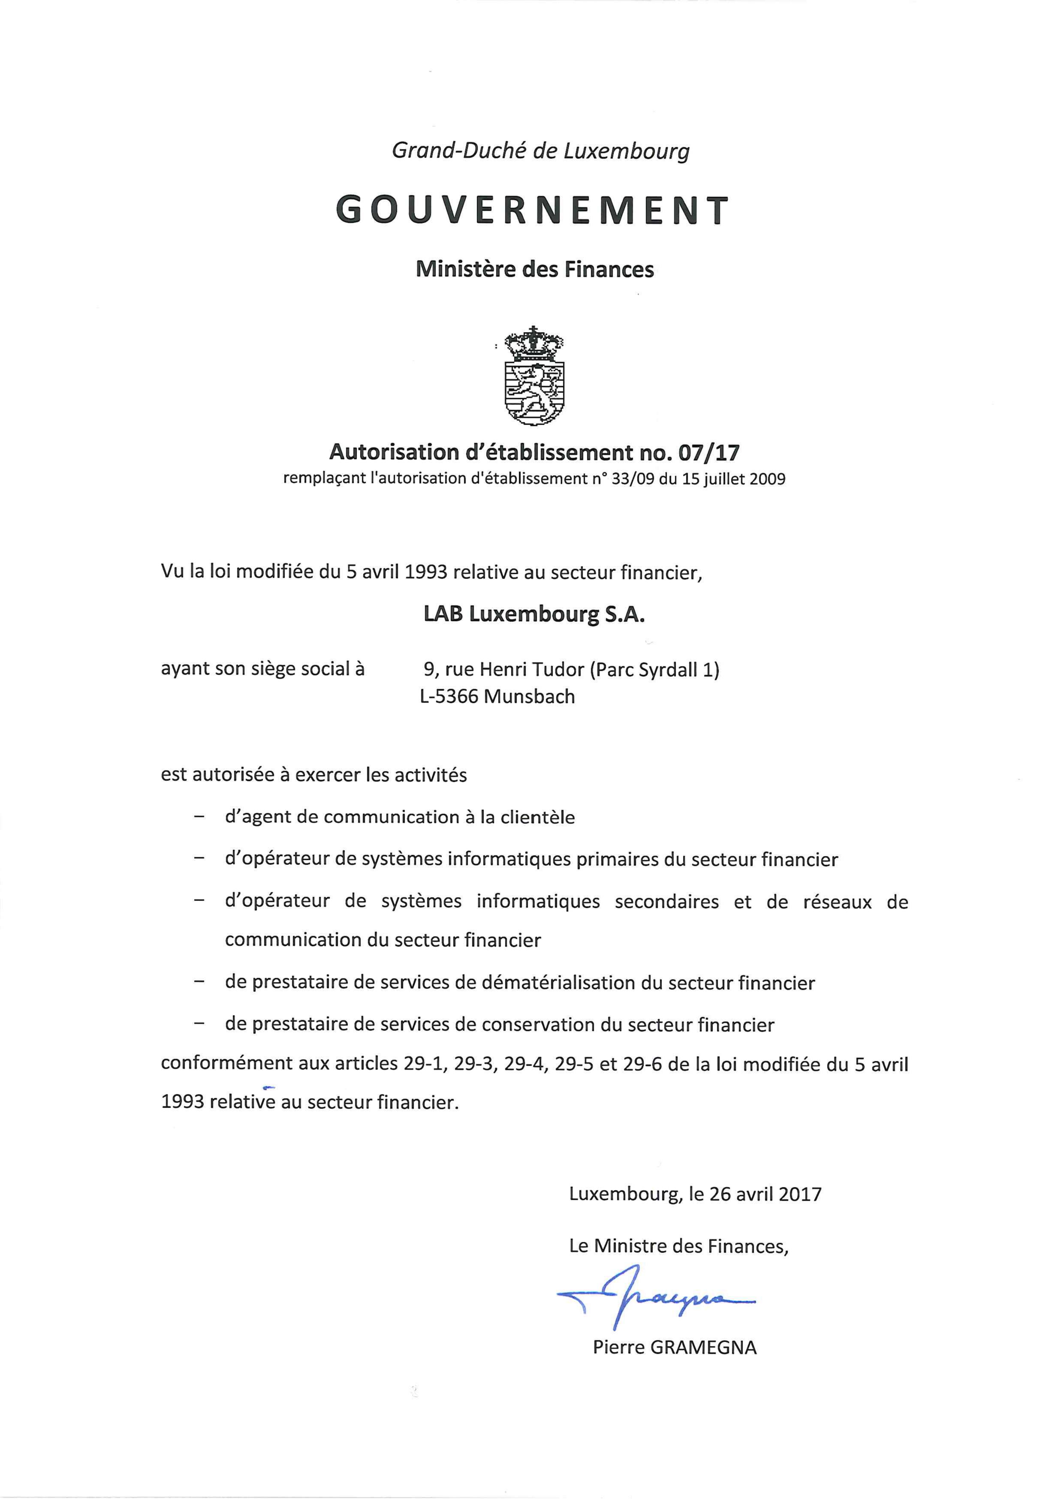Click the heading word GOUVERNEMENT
[x=531, y=210]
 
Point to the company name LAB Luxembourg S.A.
[x=534, y=614]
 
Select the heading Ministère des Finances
[x=535, y=269]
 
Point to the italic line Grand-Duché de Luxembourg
[x=540, y=151]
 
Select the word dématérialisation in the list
[x=559, y=983]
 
